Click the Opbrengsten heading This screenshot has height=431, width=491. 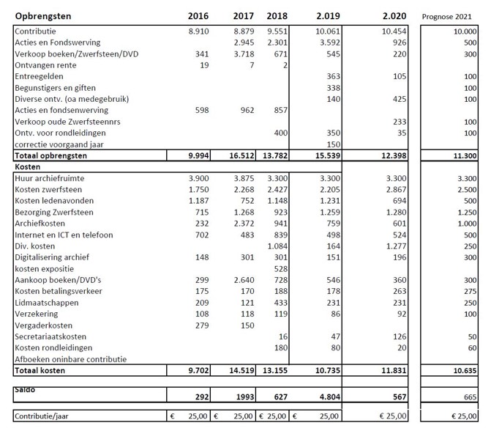(45, 15)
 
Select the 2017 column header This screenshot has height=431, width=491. (243, 15)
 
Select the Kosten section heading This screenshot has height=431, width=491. (27, 167)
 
